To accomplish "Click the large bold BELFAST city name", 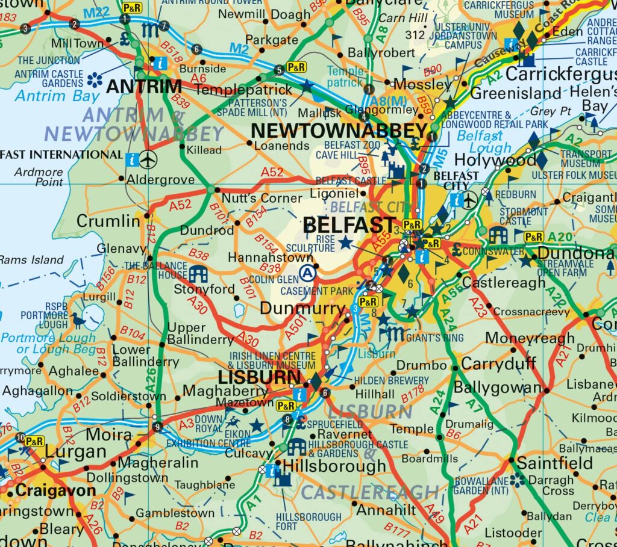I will click(x=349, y=226).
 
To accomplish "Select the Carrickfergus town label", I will click(x=560, y=75).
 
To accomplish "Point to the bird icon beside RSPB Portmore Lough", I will click(x=78, y=320).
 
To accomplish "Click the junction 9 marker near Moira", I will click(x=157, y=427).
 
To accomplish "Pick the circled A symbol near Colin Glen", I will click(x=308, y=273).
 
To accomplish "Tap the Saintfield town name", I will click(x=555, y=463).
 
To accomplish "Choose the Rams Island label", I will click(x=31, y=260).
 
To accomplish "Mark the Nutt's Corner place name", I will click(x=262, y=198).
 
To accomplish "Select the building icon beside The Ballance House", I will click(x=198, y=274).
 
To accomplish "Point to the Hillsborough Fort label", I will click(x=308, y=521).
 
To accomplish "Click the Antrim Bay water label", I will click(x=49, y=96).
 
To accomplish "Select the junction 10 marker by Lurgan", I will click(x=20, y=437).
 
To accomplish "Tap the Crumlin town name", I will click(x=108, y=221).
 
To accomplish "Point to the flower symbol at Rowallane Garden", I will click(x=516, y=480).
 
